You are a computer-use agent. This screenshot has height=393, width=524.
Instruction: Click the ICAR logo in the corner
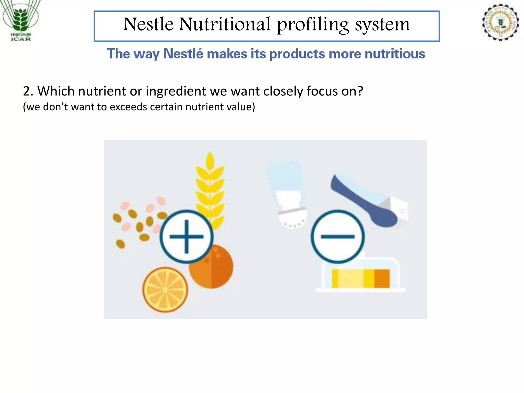tap(20, 20)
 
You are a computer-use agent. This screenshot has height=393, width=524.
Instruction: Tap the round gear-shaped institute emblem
tap(500, 22)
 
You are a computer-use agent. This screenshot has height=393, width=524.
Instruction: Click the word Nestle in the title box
tap(148, 25)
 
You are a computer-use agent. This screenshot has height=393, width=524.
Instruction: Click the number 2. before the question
tap(28, 91)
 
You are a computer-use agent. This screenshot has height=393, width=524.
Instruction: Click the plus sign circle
tap(187, 237)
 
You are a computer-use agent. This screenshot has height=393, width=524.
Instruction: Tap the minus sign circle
tap(338, 237)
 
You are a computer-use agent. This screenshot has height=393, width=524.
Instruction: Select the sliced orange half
tap(165, 290)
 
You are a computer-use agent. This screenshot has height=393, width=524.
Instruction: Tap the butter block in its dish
tap(361, 278)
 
